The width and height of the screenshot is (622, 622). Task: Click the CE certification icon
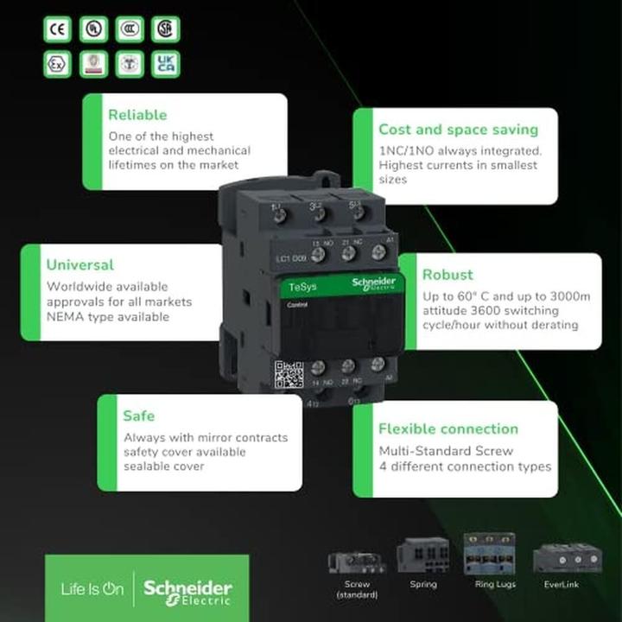[58, 29]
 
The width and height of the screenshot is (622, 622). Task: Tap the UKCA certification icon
[165, 64]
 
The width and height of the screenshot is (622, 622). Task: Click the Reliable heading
[137, 115]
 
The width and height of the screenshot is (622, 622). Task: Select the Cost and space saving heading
[458, 130]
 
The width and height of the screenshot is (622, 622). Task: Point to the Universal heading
[80, 264]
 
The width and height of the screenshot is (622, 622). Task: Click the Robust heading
[447, 275]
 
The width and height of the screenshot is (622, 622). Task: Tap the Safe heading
[139, 416]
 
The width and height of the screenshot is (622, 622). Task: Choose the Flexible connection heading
[448, 428]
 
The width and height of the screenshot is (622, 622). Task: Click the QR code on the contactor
[289, 375]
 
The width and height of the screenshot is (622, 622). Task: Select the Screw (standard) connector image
[357, 562]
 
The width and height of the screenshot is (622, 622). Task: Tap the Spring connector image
[423, 555]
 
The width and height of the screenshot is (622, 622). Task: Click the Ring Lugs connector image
[489, 554]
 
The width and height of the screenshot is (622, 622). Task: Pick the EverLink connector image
[567, 558]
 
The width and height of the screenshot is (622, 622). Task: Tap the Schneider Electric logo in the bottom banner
[187, 591]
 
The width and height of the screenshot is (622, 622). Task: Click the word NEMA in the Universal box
[66, 317]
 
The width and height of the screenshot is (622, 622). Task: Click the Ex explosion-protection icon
[58, 64]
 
